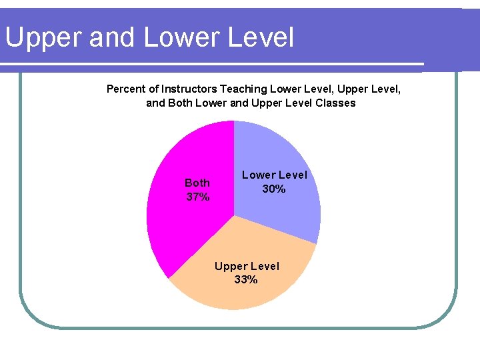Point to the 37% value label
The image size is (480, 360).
tap(197, 197)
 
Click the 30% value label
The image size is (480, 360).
tap(274, 189)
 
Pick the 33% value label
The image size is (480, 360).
tap(246, 280)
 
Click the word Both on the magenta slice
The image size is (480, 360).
tap(197, 183)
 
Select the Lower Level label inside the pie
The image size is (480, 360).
tap(274, 175)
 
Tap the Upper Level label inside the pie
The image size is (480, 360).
tap(247, 267)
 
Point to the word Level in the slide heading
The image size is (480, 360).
tap(261, 38)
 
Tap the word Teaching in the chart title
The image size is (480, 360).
tap(244, 89)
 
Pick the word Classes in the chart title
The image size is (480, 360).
tap(336, 103)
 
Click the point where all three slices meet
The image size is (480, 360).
tap(234, 215)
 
